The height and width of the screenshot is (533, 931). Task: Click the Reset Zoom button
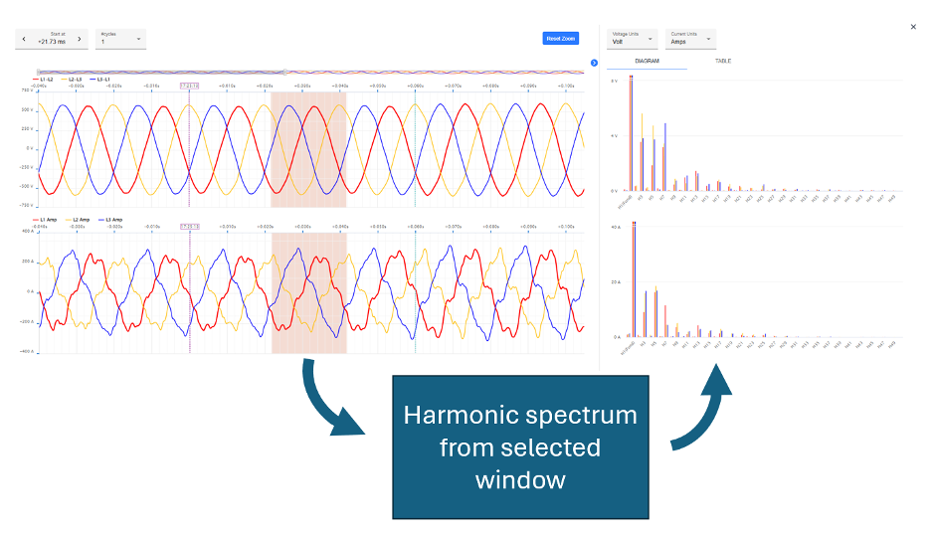561,39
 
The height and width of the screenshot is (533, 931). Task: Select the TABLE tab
723,62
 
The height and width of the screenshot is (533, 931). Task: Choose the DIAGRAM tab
647,62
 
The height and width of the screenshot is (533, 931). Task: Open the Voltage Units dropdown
633,39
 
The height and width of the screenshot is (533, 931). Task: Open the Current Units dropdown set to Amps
690,39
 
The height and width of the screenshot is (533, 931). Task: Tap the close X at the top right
913,28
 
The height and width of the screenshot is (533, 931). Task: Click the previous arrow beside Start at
24,39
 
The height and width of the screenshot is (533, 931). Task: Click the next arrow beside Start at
80,39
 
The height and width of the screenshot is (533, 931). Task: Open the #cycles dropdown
121,39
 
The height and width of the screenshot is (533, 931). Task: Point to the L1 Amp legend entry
47,219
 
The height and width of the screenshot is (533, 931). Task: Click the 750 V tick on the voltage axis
27,90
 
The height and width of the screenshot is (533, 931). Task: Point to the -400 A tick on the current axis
27,352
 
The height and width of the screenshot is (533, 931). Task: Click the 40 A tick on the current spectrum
616,227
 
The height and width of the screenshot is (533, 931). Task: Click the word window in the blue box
520,480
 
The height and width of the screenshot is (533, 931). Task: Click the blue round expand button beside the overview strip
594,63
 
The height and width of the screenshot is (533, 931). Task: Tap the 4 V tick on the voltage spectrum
615,135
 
